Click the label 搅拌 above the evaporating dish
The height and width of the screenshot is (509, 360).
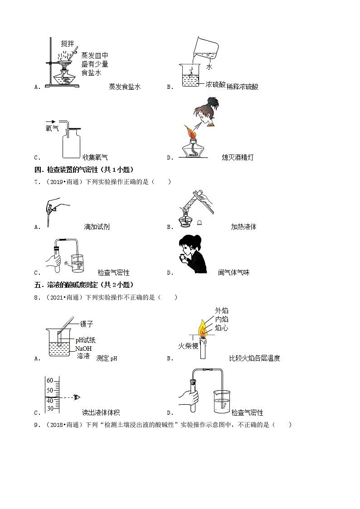[68, 44]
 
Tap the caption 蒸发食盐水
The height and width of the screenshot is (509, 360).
[125, 87]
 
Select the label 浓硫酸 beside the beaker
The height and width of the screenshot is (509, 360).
[215, 85]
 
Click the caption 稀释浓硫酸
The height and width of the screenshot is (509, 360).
[242, 87]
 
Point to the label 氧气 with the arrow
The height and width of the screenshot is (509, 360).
[52, 129]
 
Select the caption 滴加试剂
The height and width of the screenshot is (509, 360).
[97, 227]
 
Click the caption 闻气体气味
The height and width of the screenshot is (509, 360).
[234, 272]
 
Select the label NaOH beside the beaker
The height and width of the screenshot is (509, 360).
[84, 349]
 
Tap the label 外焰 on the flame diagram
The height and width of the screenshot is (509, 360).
[222, 310]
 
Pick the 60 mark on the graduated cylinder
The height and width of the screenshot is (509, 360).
[50, 380]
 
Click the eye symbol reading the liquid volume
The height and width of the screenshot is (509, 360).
[77, 398]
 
